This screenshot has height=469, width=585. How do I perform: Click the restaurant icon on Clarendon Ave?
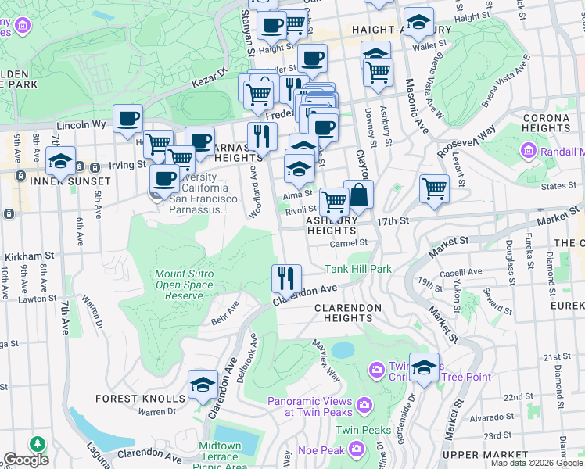[287, 277]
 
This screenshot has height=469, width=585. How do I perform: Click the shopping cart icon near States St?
[434, 188]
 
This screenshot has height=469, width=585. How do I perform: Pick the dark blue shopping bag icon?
[358, 195]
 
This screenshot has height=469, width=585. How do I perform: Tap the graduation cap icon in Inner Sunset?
[60, 162]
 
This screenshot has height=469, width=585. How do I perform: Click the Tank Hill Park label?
[358, 269]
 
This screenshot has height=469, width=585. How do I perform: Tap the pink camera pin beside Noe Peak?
[357, 448]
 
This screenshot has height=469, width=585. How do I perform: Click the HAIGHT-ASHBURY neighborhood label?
[402, 30]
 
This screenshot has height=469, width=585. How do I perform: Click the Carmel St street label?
[348, 243]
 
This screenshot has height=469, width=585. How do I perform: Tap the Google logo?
[25, 460]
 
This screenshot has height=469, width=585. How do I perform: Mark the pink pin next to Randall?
[528, 150]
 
